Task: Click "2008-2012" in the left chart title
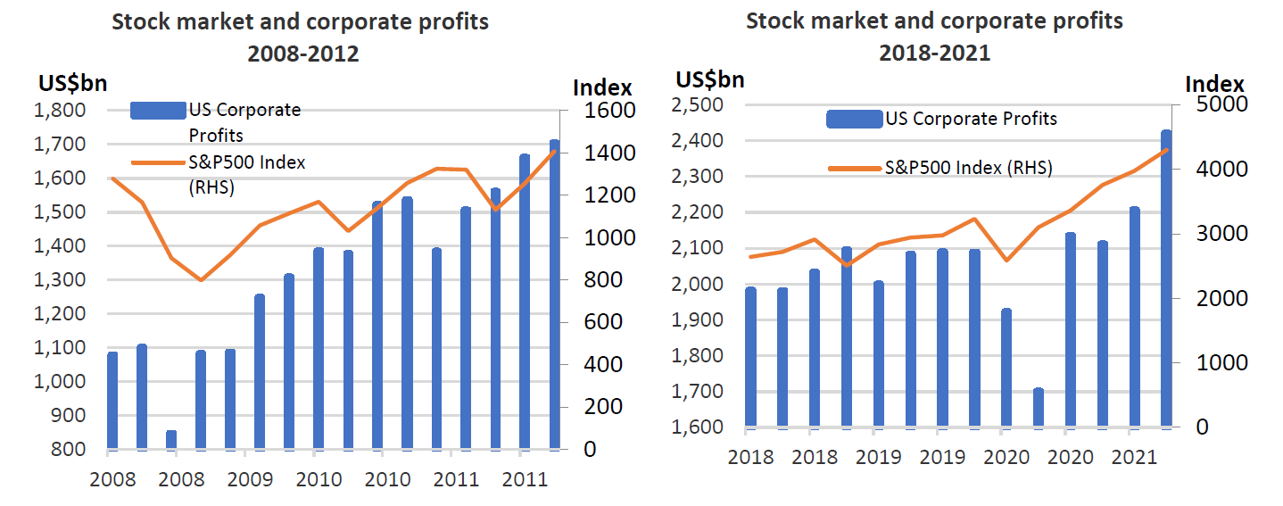(x=303, y=54)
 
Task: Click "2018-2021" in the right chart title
(x=934, y=53)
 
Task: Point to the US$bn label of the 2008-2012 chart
(x=73, y=84)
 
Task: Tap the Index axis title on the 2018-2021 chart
(x=1214, y=84)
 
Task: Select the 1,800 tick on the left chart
(x=60, y=111)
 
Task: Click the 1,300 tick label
(x=60, y=280)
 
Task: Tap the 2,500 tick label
(x=697, y=105)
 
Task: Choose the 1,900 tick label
(x=697, y=319)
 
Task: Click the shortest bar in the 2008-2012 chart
(x=171, y=439)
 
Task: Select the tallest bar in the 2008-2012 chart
(x=554, y=294)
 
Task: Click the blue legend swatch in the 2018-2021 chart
(x=854, y=119)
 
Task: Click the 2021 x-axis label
(x=1130, y=456)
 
